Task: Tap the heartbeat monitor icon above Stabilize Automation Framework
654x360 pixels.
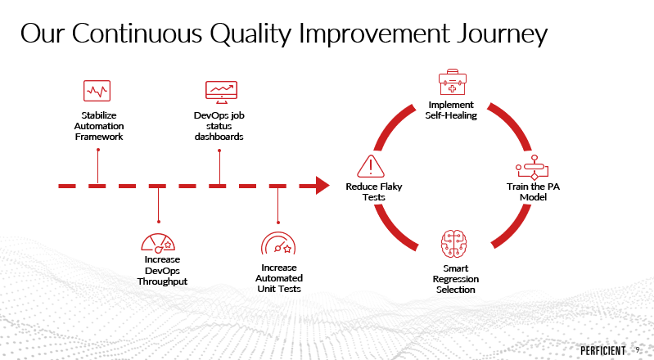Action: point(97,91)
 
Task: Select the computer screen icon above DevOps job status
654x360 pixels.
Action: point(221,92)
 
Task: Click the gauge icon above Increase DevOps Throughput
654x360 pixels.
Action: point(158,243)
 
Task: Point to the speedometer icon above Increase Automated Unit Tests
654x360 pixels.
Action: point(278,243)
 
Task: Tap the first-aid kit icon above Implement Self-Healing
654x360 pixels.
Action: point(453,82)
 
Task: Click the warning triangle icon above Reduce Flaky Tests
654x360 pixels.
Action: point(370,166)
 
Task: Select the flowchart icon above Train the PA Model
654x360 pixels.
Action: point(532,168)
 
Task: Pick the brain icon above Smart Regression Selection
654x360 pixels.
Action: point(453,244)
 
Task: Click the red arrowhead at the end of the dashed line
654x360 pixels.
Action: point(322,186)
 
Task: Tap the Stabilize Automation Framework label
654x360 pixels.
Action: point(99,126)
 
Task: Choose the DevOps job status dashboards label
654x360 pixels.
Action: point(219,126)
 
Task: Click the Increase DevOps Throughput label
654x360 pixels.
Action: point(162,270)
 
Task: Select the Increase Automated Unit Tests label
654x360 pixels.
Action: point(279,278)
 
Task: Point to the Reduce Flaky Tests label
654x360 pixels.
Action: point(374,192)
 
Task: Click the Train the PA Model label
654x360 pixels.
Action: point(533,192)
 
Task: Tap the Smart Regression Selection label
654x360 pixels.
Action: point(455,279)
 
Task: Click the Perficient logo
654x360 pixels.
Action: point(603,351)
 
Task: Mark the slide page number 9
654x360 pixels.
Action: point(638,350)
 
